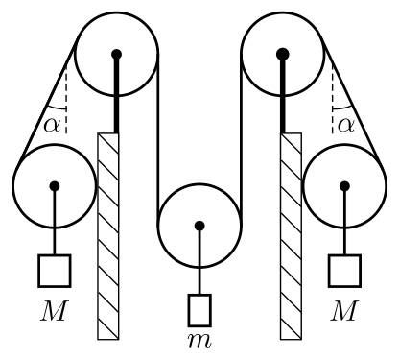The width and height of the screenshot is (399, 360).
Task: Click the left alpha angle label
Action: coord(52,125)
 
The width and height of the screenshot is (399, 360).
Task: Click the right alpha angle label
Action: coord(346,125)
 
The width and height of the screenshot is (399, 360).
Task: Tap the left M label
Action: coord(55,310)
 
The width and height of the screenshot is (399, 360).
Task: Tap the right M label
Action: coord(344,310)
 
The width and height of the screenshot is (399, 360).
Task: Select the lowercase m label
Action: coord(199,341)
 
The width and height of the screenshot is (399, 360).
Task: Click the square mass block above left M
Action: coord(55,271)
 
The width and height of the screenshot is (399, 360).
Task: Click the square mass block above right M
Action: coord(344,271)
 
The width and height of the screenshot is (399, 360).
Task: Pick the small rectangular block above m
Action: coord(199,310)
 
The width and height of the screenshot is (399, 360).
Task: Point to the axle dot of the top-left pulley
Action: coord(117,54)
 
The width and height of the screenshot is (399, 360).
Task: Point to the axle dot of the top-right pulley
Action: coord(283,54)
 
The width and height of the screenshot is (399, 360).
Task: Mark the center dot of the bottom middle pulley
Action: coord(199,226)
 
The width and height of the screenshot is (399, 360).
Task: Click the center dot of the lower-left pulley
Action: coord(55,186)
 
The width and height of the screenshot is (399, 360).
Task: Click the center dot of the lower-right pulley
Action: coord(344,186)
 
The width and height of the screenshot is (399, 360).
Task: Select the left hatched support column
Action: coord(108,236)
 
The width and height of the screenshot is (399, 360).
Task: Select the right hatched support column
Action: coord(291,236)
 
